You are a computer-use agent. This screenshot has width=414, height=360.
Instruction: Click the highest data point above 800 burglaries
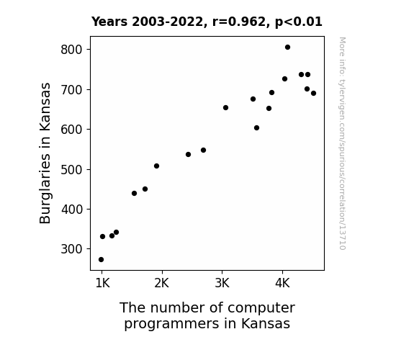[287, 48]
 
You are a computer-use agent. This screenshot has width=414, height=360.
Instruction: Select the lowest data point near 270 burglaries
[101, 260]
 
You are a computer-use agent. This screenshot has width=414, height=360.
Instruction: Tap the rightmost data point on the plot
[313, 93]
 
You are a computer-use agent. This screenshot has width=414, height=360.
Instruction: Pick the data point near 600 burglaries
[256, 128]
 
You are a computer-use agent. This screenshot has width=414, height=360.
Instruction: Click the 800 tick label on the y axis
[71, 50]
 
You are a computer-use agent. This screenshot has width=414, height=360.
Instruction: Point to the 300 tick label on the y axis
[71, 249]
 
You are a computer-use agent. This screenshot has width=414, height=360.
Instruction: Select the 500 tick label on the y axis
[71, 170]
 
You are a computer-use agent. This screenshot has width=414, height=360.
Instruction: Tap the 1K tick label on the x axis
[102, 284]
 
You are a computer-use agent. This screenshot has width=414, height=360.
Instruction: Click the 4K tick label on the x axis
[282, 284]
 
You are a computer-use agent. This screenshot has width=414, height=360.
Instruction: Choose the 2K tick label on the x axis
[161, 284]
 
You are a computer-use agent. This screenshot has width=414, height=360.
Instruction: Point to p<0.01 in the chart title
[299, 22]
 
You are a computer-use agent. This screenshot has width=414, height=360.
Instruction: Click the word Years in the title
[109, 22]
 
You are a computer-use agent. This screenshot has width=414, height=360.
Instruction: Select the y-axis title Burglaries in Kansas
[45, 153]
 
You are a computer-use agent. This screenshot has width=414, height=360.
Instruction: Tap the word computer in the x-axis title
[261, 308]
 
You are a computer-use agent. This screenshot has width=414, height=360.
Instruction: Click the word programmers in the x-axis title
[171, 324]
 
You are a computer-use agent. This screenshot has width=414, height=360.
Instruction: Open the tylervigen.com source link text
[343, 143]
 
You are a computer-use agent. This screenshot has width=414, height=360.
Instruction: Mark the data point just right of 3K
[225, 108]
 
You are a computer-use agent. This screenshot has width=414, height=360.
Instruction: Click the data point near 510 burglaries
[156, 166]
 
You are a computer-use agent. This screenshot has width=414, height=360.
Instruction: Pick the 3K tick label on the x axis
[222, 284]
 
